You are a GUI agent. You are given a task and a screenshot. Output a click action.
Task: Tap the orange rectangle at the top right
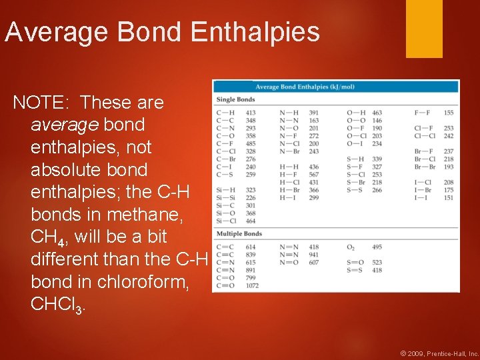coord(424,28)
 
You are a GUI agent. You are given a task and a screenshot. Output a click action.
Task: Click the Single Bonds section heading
coord(235,99)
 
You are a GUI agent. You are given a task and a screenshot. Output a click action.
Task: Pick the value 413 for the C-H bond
coord(251,113)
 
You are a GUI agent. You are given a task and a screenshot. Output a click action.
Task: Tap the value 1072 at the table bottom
coord(252,286)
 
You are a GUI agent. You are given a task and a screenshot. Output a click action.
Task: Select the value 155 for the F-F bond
coord(448,113)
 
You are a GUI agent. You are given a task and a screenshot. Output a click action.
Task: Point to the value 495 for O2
coord(376,247)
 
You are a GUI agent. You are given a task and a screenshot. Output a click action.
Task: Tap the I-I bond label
coord(421,197)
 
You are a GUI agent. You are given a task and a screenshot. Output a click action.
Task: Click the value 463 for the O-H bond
coord(377,113)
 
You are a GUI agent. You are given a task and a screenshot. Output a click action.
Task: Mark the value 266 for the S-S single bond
coord(377,190)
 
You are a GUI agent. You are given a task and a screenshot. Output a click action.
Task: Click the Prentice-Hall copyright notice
coord(439,353)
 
